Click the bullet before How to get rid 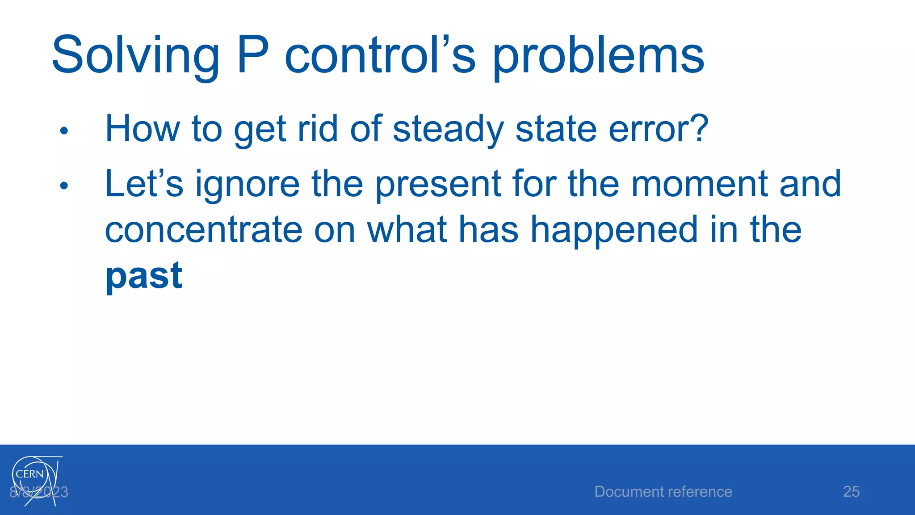point(64,131)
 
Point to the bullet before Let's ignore point(64,186)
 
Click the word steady point(448,130)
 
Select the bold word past point(144,276)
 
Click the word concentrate point(204,230)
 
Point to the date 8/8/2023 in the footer point(39,492)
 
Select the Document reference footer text point(663,492)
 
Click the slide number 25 point(851,492)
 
